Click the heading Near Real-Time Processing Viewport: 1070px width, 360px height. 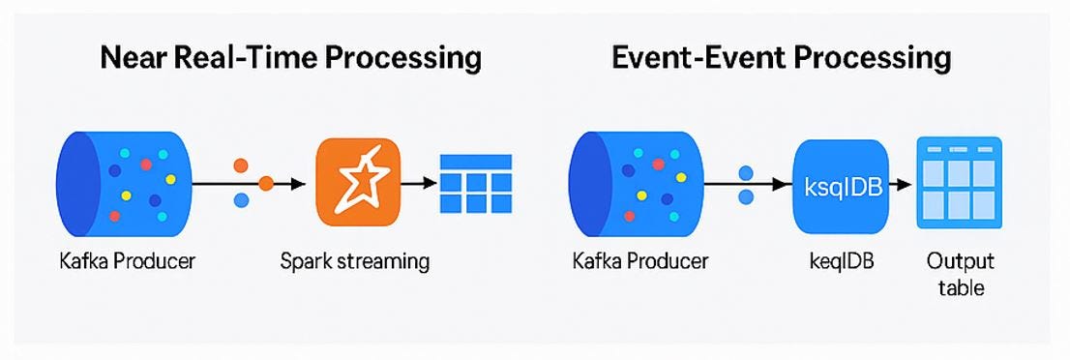coord(290,58)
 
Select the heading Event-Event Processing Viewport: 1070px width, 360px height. coord(782,58)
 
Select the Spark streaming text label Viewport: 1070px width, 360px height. coord(355,261)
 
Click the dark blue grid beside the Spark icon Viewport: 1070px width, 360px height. coord(476,183)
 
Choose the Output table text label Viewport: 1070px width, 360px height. coord(960,275)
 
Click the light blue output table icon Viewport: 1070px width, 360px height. coord(960,183)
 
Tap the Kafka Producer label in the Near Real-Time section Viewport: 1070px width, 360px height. coord(125,261)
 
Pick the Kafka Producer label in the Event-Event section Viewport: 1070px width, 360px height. coord(640,261)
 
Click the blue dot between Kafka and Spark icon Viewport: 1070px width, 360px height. coord(242,199)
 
